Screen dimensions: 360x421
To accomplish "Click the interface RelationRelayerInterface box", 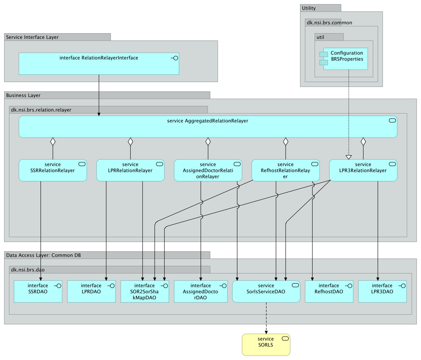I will (99, 64).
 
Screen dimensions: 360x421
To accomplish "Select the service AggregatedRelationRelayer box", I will (207, 127).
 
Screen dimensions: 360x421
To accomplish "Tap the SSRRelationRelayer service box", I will (53, 171).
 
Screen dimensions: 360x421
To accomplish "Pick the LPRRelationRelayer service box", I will (130, 171).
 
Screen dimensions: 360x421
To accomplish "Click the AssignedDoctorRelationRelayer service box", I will (208, 171).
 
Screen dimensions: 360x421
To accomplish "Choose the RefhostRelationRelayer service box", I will (286, 171).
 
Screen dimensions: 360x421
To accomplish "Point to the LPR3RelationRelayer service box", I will (363, 171).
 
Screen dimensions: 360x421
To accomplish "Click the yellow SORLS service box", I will (266, 345).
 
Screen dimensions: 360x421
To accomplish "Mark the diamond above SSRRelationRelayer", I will (53, 141).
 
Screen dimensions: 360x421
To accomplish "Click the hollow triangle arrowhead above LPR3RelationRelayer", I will (349, 157).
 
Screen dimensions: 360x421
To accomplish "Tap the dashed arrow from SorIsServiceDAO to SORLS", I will (266, 318).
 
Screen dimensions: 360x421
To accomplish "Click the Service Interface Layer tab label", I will (32, 37).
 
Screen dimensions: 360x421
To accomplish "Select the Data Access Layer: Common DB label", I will (43, 255).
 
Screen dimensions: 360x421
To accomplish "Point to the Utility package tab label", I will (309, 8).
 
